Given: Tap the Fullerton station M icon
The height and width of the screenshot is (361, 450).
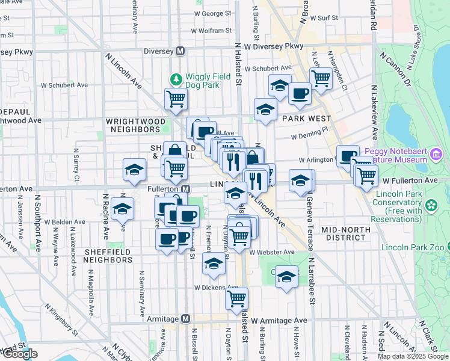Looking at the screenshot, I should point(186,189).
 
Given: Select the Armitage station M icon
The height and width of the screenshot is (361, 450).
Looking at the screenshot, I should point(186,318).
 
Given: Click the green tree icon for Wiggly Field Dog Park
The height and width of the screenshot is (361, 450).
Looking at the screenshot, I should point(176,79).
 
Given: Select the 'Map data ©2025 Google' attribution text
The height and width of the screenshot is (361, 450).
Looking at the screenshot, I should point(413,356).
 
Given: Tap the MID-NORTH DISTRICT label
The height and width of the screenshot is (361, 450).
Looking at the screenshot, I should point(352,233).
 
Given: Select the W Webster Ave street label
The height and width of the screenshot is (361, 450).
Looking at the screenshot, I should point(272,252).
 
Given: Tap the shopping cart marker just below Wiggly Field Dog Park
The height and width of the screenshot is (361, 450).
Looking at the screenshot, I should point(175,99).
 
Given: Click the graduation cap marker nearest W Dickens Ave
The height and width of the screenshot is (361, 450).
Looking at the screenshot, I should point(214,264).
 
